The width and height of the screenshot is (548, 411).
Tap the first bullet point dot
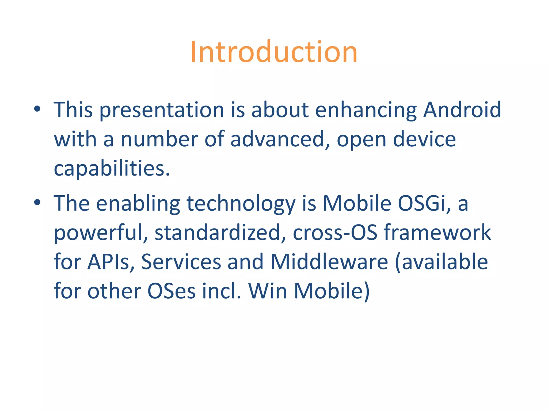click(x=37, y=109)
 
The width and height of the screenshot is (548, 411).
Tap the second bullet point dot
click(x=37, y=202)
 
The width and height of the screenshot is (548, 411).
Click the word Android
click(x=462, y=110)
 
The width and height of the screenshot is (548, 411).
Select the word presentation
click(x=162, y=110)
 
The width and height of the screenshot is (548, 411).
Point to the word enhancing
click(x=366, y=110)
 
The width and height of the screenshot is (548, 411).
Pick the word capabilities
click(x=112, y=169)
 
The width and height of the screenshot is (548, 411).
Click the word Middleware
click(x=329, y=262)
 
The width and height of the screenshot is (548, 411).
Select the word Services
click(x=181, y=262)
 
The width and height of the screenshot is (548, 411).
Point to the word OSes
click(x=171, y=291)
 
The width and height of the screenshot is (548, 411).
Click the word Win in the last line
click(x=268, y=291)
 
